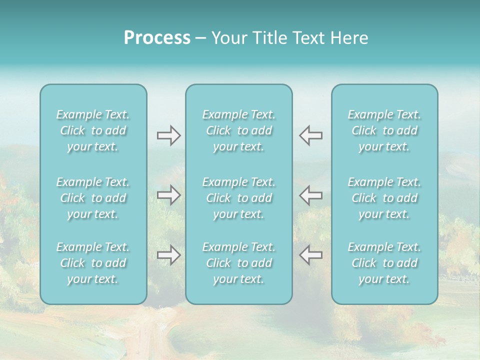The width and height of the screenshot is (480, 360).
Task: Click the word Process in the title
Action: (157, 38)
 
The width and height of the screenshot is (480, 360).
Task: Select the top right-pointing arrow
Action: (168, 135)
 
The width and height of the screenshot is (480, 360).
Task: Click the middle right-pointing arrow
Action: (168, 195)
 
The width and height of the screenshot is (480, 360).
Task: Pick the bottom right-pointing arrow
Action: (168, 255)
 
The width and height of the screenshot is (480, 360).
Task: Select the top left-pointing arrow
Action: (311, 135)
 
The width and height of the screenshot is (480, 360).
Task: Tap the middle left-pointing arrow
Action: (311, 195)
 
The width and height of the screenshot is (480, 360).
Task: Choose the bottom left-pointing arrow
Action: (311, 255)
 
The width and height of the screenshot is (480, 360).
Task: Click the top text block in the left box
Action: (93, 130)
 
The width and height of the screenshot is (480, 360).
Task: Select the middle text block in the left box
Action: (93, 198)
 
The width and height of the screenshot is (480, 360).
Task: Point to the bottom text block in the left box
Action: (93, 263)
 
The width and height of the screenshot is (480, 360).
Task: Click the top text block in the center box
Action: (239, 130)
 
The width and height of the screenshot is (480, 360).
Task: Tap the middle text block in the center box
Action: (239, 198)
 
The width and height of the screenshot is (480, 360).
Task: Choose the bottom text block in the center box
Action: (239, 263)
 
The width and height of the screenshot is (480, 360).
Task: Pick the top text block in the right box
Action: (384, 130)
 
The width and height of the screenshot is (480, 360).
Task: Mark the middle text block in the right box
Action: (384, 198)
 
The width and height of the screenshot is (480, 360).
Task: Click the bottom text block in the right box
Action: (384, 263)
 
